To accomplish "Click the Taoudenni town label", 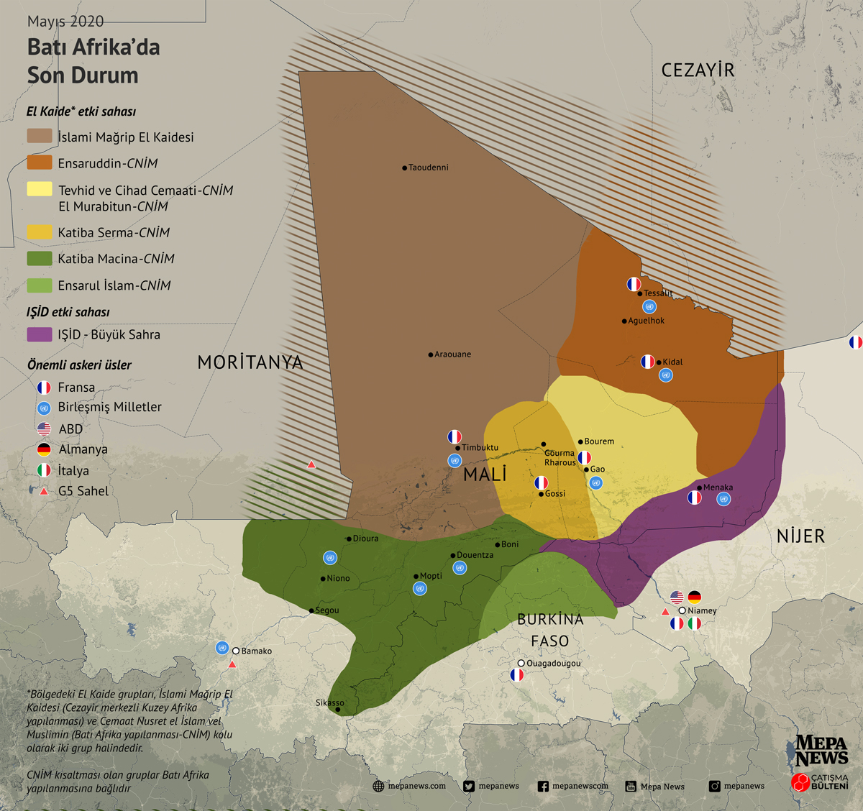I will (428, 168).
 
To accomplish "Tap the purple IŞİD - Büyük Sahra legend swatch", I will (40, 334).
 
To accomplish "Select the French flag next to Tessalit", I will (634, 284).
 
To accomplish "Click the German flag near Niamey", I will (694, 597).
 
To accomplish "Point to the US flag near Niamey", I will (677, 597).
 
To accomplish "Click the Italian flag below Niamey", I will (694, 624).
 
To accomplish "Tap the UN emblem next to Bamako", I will (222, 648).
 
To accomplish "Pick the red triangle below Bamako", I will (232, 665).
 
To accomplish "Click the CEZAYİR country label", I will (698, 70).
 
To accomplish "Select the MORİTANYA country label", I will (250, 362).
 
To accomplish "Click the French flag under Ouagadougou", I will (516, 675).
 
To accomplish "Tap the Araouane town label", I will (452, 354).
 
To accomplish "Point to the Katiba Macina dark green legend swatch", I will (40, 258).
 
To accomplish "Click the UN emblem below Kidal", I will (666, 375).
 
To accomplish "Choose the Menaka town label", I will (718, 487).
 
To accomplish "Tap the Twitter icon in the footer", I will (469, 787).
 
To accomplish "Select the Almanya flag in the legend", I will (44, 449).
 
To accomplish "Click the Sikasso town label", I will (330, 702).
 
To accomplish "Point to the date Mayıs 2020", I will (65, 22).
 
